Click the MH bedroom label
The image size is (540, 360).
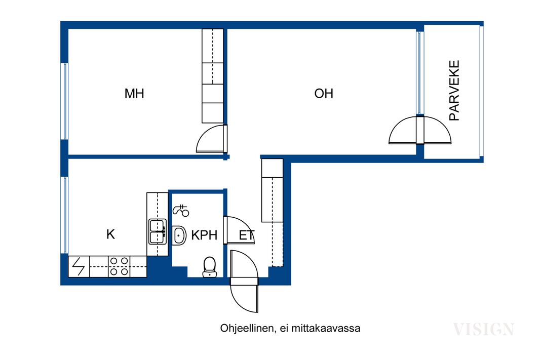tap(134, 93)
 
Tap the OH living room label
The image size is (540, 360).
tap(324, 93)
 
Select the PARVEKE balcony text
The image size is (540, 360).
tap(454, 91)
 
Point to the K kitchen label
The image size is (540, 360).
tap(110, 234)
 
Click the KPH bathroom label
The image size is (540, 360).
tap(204, 235)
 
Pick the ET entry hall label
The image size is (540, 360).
tap(247, 235)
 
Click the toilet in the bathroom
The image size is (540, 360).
tap(209, 267)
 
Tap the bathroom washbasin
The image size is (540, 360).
tap(178, 235)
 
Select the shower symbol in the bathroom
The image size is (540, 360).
tap(181, 210)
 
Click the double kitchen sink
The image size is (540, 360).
tap(158, 231)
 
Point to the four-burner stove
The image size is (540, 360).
tap(119, 267)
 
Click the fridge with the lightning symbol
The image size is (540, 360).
tap(79, 267)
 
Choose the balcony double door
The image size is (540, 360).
tap(420, 130)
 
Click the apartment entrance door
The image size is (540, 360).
tap(244, 281)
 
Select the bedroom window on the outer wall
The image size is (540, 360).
tap(65, 101)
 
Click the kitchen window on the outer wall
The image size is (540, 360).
tap(65, 215)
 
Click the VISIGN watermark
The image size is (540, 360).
tap(484, 330)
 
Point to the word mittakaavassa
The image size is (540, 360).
tap(326, 328)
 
